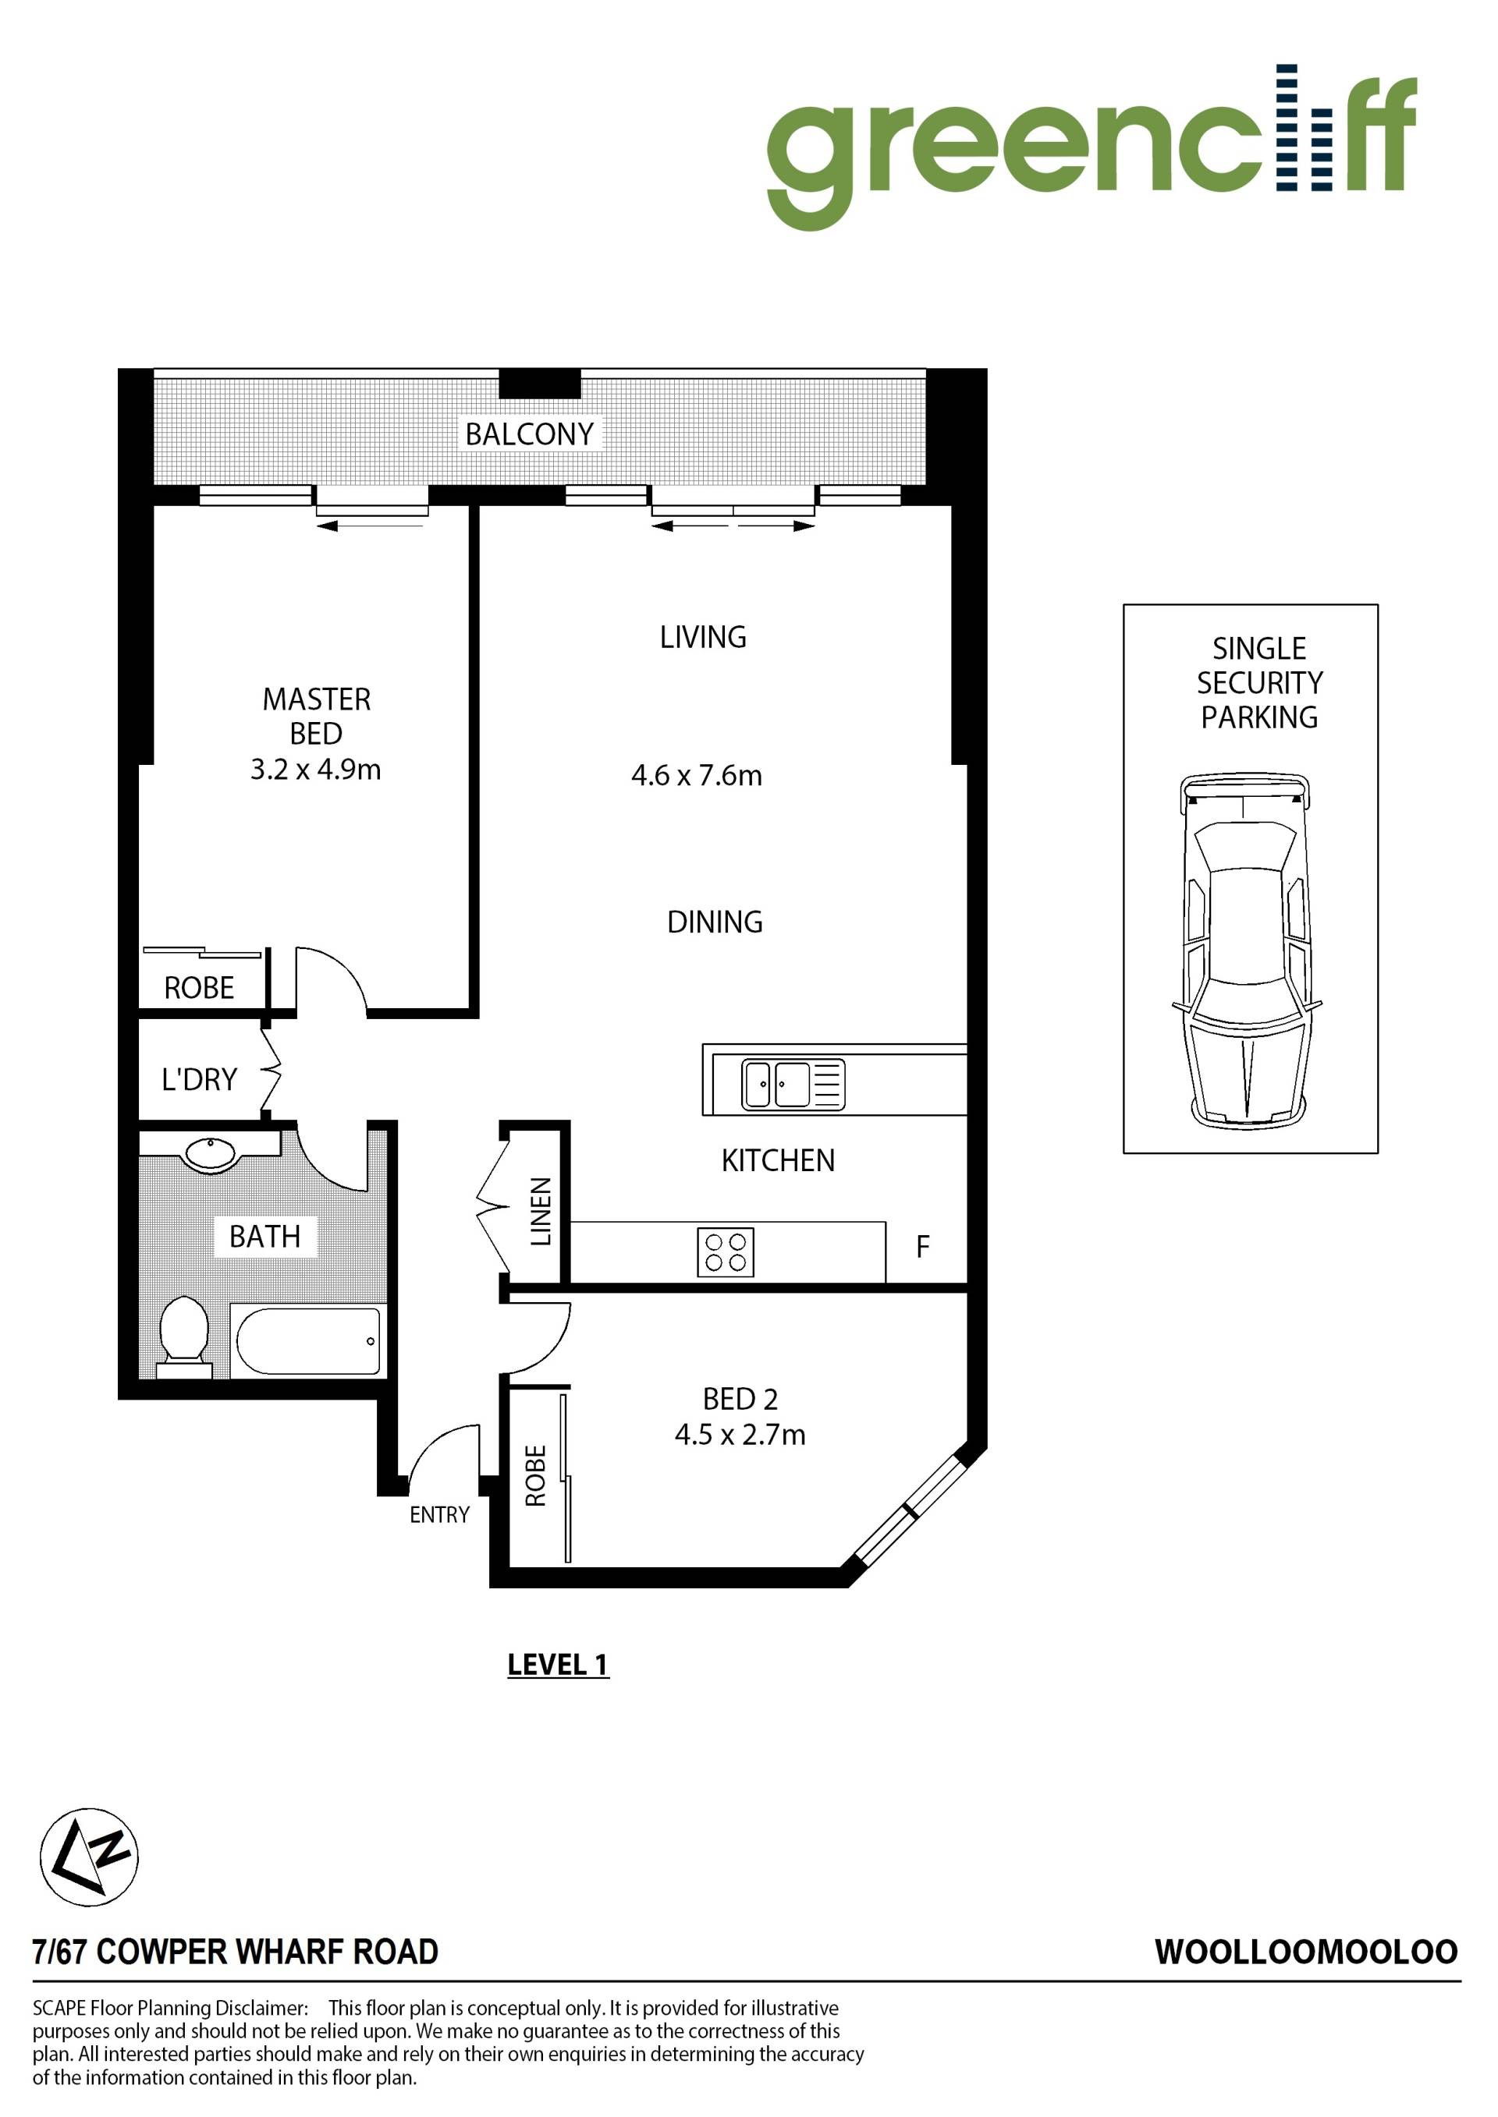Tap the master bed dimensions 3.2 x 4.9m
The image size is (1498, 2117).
tap(315, 769)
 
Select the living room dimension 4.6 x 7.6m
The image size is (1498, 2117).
tap(697, 775)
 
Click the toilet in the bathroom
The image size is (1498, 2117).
tap(183, 1337)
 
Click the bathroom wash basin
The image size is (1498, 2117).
tap(212, 1153)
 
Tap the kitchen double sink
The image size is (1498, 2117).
tap(793, 1085)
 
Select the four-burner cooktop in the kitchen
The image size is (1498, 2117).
tap(725, 1252)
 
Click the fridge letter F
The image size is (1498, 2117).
tap(922, 1248)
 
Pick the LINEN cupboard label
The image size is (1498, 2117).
tap(541, 1212)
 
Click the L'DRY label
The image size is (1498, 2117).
tap(199, 1079)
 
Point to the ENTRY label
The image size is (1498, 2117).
tap(440, 1515)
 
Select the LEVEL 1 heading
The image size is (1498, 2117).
tap(558, 1664)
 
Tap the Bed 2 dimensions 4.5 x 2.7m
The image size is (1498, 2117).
tap(740, 1435)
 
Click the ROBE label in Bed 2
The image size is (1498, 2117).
tap(536, 1475)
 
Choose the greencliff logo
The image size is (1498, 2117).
tap(1092, 147)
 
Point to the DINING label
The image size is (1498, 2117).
tap(715, 922)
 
